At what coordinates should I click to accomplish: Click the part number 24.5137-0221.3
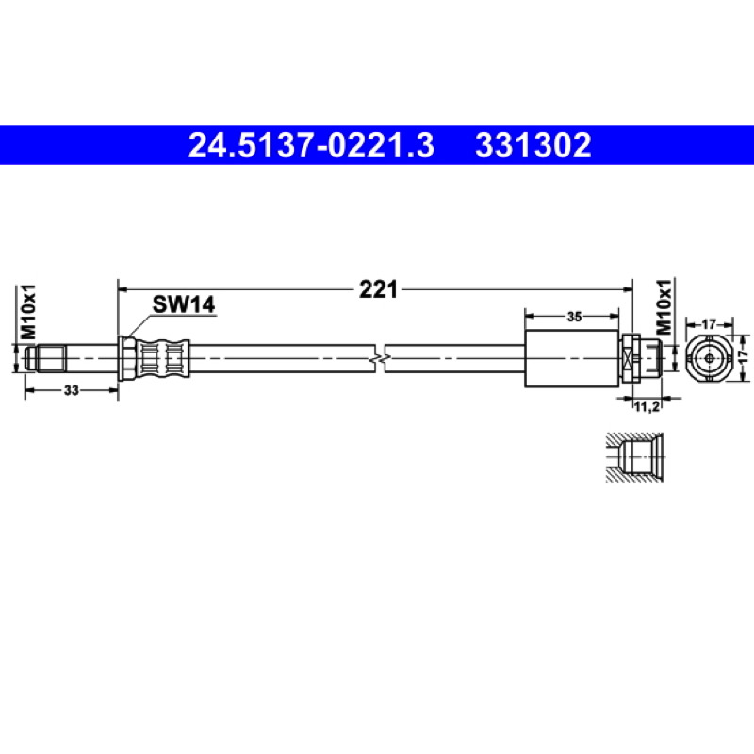311,145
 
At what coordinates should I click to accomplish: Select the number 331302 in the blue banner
533,145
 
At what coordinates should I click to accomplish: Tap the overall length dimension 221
379,289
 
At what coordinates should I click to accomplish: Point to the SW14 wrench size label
184,304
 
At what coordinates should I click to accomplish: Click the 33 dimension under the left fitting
72,390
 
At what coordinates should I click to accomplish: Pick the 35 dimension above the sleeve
574,317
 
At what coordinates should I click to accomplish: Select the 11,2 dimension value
647,407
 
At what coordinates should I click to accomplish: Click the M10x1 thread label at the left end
28,313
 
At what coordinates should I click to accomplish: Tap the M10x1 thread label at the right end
664,307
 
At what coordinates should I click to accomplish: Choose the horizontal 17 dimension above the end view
709,324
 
